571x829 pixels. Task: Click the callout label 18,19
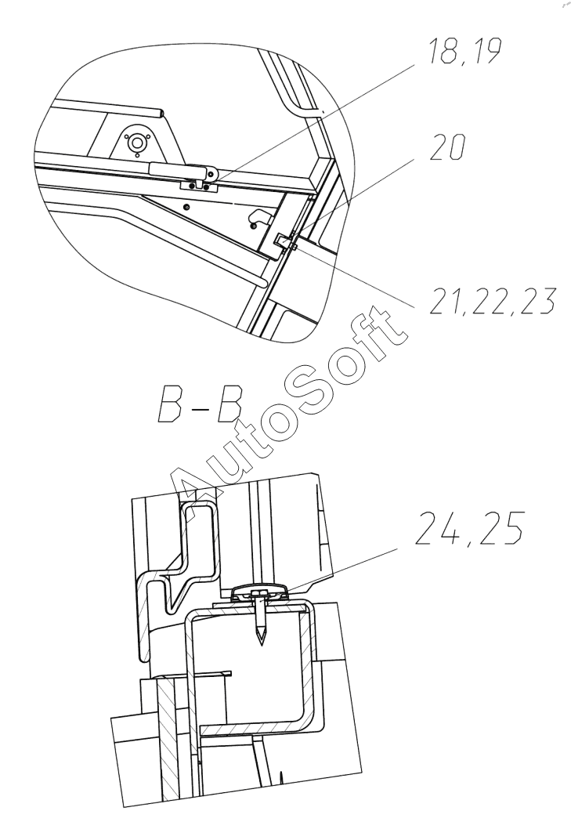tap(464, 51)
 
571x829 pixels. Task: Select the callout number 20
tap(448, 147)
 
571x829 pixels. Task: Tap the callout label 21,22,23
tap(492, 301)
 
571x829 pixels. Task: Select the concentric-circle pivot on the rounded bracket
tap(138, 143)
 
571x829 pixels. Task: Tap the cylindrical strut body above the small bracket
tap(178, 169)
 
